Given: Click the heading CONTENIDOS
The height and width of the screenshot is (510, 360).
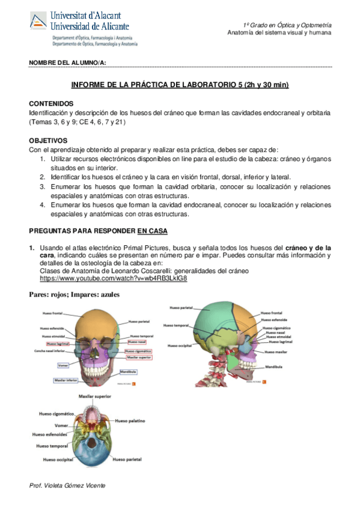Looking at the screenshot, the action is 51,103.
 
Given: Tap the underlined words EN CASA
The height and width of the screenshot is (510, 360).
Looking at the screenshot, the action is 153,231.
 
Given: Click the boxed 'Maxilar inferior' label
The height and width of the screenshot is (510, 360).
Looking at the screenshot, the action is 68,381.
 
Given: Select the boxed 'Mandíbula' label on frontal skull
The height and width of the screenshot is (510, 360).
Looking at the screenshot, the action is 129,372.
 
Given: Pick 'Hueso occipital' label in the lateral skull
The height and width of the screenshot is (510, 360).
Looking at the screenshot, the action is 180,346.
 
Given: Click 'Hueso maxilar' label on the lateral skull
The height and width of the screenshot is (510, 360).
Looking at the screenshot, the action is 276,352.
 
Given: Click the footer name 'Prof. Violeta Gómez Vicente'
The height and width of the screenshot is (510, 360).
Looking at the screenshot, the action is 67,485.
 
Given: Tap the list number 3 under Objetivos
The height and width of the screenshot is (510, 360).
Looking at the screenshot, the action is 43,187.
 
